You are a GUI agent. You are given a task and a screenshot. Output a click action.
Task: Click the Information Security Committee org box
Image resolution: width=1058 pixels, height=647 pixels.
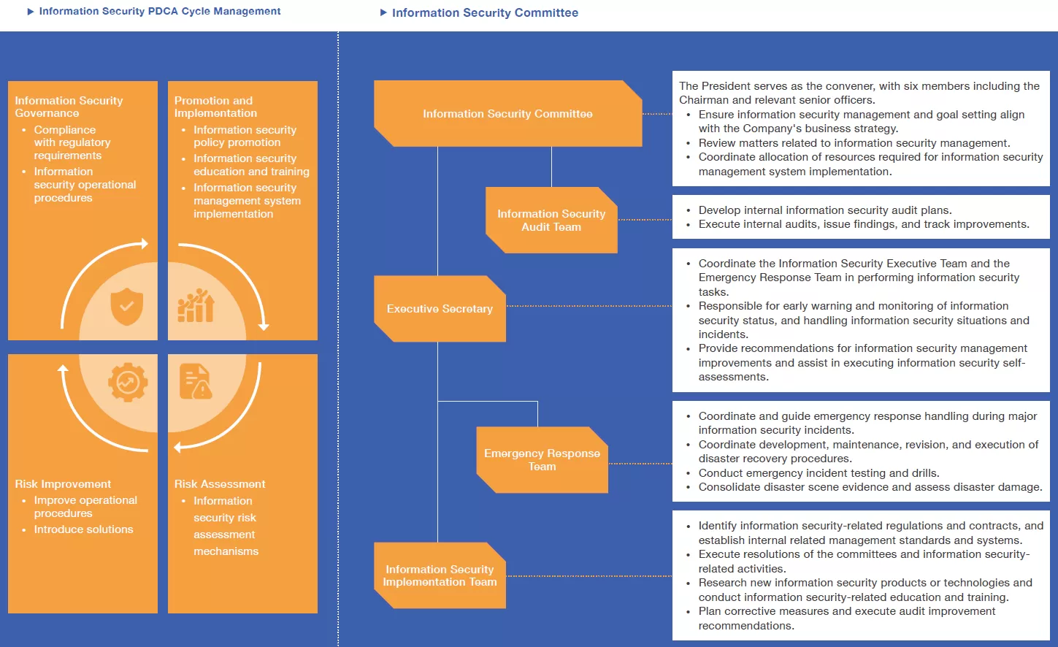(x=507, y=114)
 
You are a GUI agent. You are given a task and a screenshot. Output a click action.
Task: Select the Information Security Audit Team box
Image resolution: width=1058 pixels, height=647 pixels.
(x=551, y=220)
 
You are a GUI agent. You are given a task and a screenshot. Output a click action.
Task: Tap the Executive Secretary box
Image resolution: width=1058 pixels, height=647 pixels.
(x=440, y=309)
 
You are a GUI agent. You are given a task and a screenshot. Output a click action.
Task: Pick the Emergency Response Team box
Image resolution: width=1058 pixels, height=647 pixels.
(x=542, y=459)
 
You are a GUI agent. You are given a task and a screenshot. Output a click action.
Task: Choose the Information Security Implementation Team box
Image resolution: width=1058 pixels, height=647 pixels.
(x=440, y=575)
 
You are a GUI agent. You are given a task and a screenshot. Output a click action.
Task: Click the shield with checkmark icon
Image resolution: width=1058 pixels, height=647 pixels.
(x=126, y=306)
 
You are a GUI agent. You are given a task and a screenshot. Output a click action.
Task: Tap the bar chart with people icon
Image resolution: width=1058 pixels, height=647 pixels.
(x=196, y=306)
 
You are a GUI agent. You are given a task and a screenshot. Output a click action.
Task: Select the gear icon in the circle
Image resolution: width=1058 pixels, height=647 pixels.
(x=128, y=382)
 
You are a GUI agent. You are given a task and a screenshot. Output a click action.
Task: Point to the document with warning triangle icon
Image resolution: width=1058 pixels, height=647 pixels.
(x=196, y=382)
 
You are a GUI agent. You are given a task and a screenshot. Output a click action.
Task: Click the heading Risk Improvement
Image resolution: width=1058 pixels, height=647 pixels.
(x=63, y=484)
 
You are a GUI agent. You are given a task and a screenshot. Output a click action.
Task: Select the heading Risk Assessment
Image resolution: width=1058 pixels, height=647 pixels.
(x=220, y=484)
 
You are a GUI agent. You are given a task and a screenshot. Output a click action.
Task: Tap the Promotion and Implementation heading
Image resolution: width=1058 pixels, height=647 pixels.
(x=215, y=107)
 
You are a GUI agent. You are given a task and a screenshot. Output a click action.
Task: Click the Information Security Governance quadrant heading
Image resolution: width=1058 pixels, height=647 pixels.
(x=69, y=107)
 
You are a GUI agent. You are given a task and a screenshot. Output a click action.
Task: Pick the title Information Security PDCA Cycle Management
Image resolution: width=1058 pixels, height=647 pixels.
(x=159, y=12)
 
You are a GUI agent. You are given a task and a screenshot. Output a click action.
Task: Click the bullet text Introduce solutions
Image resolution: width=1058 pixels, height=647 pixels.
(x=83, y=529)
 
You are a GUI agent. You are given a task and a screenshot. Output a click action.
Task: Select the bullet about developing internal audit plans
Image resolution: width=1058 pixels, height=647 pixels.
(x=824, y=210)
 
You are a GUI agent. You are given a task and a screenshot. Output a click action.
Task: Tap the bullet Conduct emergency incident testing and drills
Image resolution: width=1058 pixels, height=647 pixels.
(x=819, y=473)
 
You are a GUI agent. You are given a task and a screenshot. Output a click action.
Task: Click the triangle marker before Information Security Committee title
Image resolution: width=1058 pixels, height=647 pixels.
(x=383, y=12)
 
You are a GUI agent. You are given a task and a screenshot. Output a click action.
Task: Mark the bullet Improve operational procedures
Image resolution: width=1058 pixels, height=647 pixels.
(x=85, y=507)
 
